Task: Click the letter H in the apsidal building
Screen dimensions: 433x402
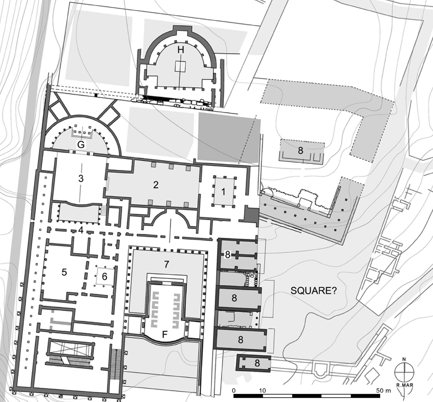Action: [181, 50]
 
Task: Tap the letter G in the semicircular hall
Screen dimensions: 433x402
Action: [81, 144]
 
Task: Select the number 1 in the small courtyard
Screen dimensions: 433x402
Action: [224, 191]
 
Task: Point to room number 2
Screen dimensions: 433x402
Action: [156, 185]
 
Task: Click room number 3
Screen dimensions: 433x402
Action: [81, 178]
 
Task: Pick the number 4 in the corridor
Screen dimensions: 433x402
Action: [81, 230]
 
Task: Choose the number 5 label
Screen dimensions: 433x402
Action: [64, 272]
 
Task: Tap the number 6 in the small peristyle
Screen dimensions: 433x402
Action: [105, 276]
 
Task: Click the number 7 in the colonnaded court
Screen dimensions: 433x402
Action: [166, 264]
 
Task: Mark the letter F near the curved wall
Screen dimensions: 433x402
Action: [165, 335]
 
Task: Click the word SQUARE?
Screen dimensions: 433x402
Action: [314, 291]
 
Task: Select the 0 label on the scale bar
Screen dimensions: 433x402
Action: [234, 391]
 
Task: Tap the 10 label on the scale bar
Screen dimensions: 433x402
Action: [263, 391]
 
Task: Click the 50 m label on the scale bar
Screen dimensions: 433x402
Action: [384, 391]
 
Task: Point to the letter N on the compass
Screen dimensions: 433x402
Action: [404, 359]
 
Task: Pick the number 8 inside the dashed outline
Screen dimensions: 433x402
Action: [301, 150]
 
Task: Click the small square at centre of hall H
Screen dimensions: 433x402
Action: [180, 67]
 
